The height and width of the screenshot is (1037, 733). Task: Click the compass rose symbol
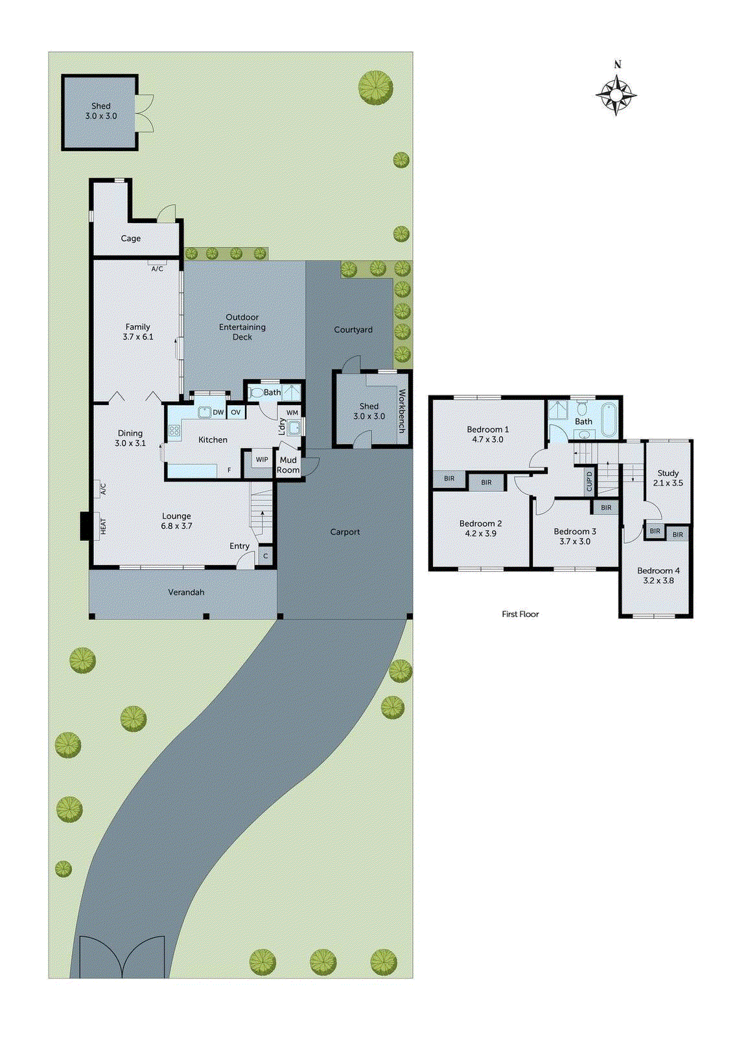coord(616,95)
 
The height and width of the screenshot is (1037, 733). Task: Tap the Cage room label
coord(130,239)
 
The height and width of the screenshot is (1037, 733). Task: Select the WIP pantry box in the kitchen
coord(262,460)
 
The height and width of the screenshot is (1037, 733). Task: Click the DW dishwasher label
coord(218,412)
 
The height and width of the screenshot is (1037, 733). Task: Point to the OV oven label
coord(236,412)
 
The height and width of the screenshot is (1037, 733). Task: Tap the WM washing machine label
coord(292,412)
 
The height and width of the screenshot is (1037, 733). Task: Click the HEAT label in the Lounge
coord(102,526)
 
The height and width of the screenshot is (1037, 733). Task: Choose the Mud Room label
coord(288,465)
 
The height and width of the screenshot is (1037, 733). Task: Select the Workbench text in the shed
coord(402,411)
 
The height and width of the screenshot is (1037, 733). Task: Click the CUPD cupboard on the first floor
coord(589,481)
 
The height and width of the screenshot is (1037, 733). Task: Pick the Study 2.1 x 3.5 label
coord(668,478)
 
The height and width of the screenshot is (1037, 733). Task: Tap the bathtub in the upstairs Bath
coord(609,419)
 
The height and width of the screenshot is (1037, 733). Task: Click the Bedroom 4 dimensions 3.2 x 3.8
coord(658,581)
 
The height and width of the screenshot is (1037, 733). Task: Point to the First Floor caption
coord(520,614)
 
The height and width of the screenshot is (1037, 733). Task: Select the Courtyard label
coord(353,329)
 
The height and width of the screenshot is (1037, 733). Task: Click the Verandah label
coord(186,592)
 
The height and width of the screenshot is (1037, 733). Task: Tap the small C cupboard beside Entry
coord(265,556)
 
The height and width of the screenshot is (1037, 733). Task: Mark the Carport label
coord(345,531)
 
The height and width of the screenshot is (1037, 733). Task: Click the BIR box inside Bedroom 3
coord(606,507)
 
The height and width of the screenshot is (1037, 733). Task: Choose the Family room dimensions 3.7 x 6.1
coord(138,337)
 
